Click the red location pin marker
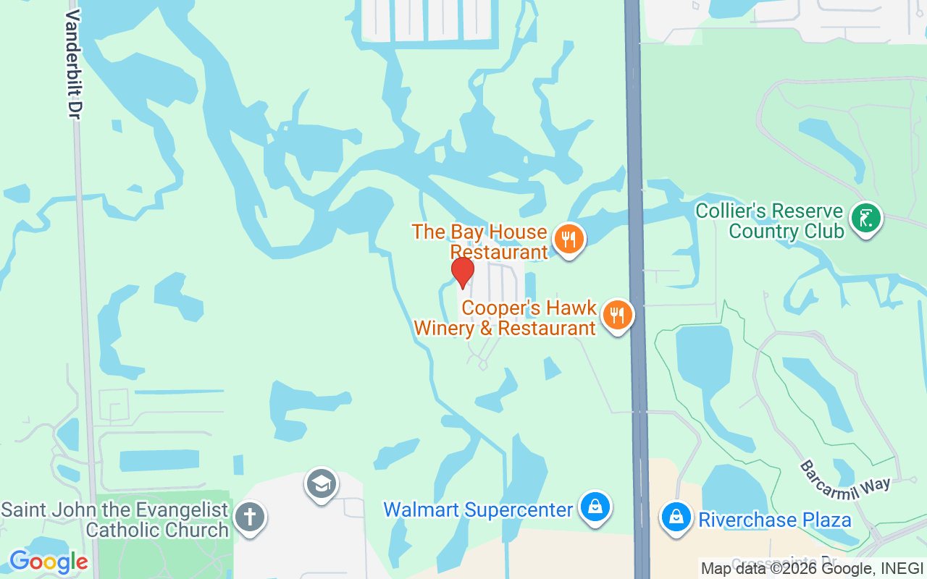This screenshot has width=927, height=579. [x=462, y=272]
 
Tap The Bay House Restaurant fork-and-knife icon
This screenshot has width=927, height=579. [x=569, y=238]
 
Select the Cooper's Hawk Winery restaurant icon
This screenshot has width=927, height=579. [x=617, y=315]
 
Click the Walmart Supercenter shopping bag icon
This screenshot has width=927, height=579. [x=595, y=507]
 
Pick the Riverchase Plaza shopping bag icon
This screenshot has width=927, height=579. [x=676, y=517]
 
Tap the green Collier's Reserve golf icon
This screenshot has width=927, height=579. [x=865, y=216]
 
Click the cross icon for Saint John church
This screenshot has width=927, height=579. [x=250, y=517]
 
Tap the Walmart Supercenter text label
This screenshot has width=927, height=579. [x=478, y=510]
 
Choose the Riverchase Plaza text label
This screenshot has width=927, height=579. [x=774, y=520]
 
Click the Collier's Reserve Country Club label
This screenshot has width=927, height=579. [x=769, y=221]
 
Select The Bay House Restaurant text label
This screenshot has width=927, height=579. [x=479, y=242]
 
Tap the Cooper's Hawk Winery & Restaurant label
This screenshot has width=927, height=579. [x=505, y=318]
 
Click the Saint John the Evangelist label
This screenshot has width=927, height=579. [x=114, y=520]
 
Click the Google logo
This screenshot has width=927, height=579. [x=48, y=562]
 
